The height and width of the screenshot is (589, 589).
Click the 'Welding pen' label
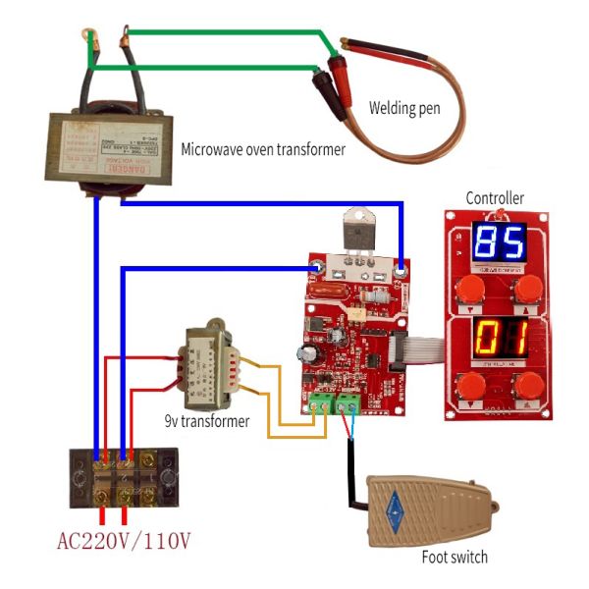point(403,107)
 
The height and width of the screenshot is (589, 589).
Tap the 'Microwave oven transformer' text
point(263,150)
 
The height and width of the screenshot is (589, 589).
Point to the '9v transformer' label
point(207,421)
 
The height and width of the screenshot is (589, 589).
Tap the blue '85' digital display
point(500,242)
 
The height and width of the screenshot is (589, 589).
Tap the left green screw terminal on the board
point(320,402)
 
